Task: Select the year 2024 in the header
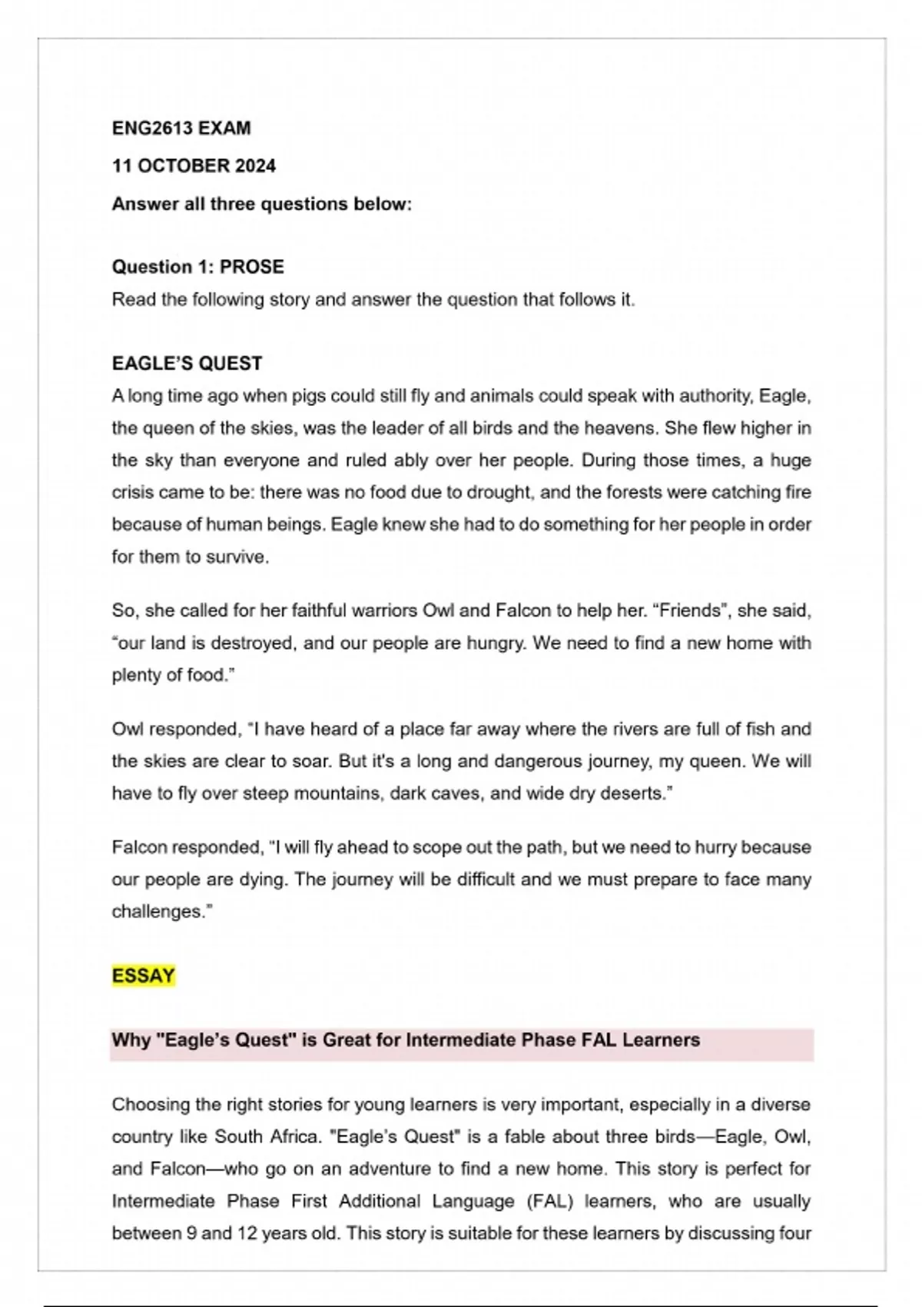click(x=255, y=166)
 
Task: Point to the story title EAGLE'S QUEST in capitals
click(x=187, y=364)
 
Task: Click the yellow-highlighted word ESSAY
click(x=143, y=976)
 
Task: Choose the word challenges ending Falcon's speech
click(x=160, y=912)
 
